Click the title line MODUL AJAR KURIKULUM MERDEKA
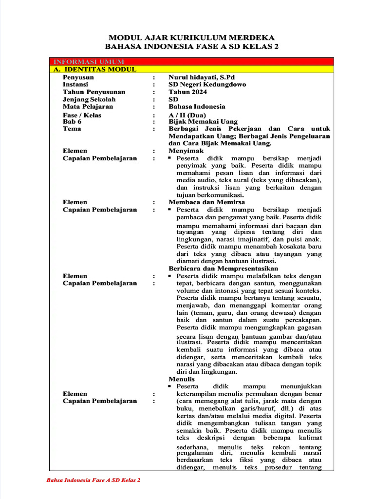[191, 38]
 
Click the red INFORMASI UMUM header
[89, 62]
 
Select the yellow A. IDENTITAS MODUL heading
[95, 70]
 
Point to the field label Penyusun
[78, 77]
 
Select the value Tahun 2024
[187, 92]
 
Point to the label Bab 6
[72, 122]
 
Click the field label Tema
[72, 129]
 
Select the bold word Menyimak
[183, 151]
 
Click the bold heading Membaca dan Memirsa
[206, 202]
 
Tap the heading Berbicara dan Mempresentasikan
[223, 269]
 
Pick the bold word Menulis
[181, 379]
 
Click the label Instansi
[75, 84]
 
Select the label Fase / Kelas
[82, 115]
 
